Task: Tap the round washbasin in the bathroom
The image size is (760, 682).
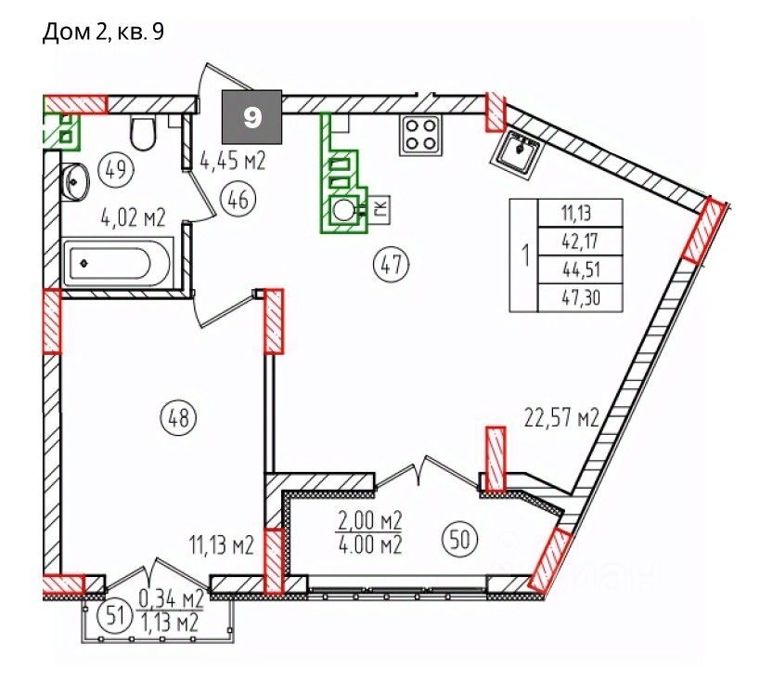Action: click(x=75, y=181)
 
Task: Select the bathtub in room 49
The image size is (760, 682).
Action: click(x=118, y=264)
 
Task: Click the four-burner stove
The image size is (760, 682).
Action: click(x=420, y=135)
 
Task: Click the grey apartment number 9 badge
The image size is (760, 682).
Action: click(x=251, y=117)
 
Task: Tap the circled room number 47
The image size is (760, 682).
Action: click(x=392, y=265)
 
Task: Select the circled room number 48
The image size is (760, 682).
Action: click(x=179, y=417)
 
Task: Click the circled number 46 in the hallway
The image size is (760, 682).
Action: click(x=238, y=200)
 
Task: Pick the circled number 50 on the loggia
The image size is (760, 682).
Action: click(x=460, y=539)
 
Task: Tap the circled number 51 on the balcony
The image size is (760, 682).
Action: click(x=114, y=617)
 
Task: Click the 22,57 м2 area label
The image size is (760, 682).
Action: click(x=561, y=417)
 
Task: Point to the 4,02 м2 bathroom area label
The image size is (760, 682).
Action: click(x=134, y=217)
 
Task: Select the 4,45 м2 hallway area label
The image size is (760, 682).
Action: click(x=233, y=160)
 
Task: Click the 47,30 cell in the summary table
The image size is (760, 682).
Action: click(x=581, y=297)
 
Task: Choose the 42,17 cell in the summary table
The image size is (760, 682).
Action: click(x=581, y=241)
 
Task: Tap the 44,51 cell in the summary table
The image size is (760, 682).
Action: click(x=581, y=269)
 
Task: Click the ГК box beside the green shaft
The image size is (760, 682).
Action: click(x=380, y=210)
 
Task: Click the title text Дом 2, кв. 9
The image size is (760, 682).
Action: click(x=103, y=33)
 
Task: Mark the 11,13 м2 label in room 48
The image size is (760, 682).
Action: click(x=222, y=546)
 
